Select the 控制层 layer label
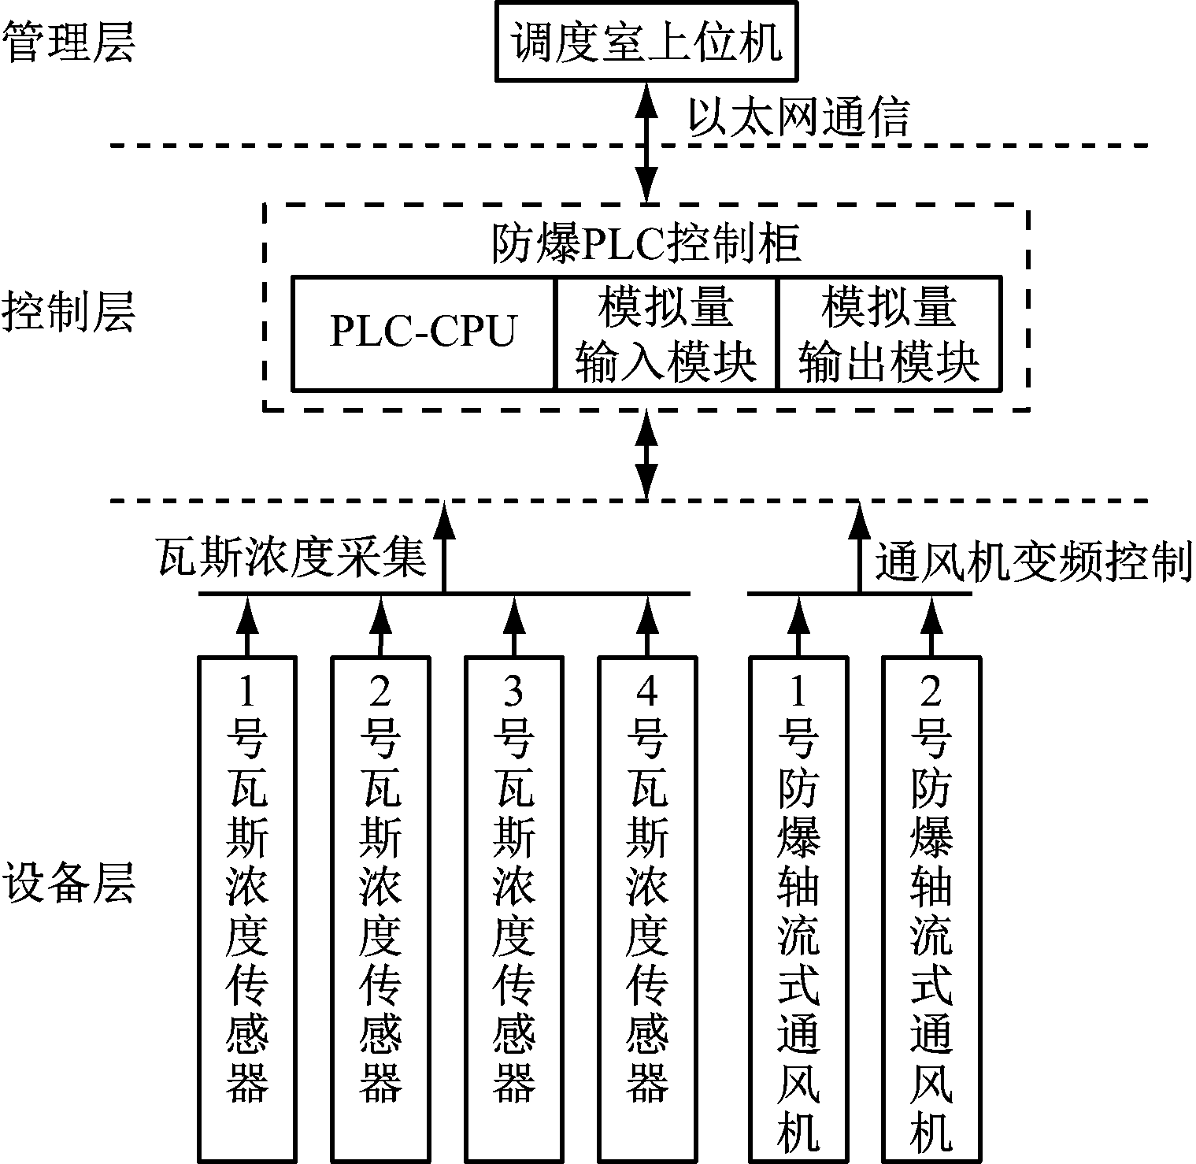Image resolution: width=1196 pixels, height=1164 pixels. tap(69, 313)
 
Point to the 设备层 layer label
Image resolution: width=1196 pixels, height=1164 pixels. tap(69, 882)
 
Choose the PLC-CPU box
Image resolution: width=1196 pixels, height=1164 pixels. tap(424, 332)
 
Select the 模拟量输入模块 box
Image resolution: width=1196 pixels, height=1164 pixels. tap(666, 332)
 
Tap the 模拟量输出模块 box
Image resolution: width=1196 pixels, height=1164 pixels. tap(890, 332)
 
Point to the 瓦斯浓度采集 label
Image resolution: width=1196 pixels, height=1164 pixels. tap(291, 558)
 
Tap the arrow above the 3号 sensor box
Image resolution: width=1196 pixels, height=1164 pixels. tap(513, 625)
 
